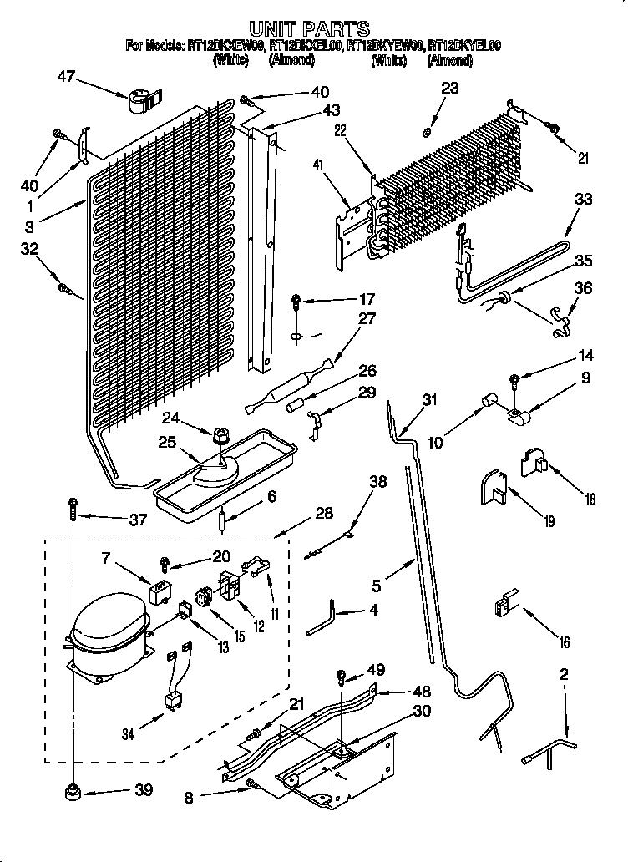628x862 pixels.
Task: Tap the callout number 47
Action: coord(66,77)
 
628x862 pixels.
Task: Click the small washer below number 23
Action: coord(426,131)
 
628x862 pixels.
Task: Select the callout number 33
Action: coord(583,199)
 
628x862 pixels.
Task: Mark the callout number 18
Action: coord(590,499)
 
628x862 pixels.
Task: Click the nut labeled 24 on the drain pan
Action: coord(222,434)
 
